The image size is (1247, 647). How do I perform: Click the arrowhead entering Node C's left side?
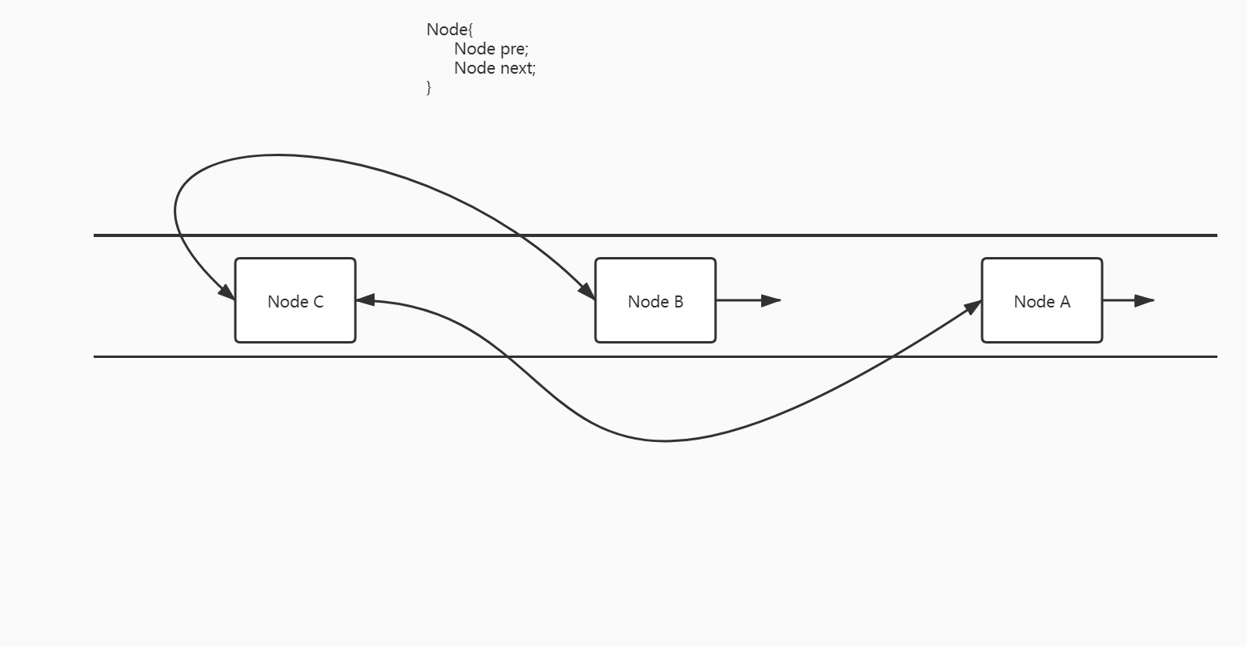227,292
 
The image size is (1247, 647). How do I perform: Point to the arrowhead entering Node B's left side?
587,292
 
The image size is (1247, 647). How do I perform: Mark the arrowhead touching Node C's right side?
365,300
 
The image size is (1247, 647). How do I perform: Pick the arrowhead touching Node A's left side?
973,306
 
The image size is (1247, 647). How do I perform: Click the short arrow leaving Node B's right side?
748,300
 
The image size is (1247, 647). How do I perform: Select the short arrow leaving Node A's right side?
1129,300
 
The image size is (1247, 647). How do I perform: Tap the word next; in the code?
518,68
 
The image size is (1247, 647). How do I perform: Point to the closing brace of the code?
429,86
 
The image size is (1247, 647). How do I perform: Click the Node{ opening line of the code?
450,30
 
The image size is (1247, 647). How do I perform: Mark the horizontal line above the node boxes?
800,235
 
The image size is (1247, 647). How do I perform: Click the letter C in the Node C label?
318,302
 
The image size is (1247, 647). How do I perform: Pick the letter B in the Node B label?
678,302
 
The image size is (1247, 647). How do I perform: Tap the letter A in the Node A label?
1065,302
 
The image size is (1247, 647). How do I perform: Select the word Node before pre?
475,49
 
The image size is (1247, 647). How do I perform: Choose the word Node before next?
475,68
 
